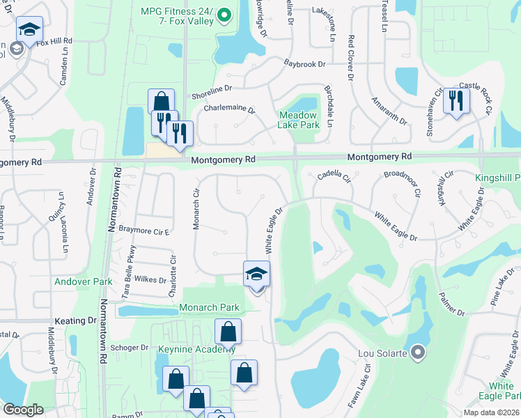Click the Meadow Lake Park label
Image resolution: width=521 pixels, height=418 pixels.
coord(299,120)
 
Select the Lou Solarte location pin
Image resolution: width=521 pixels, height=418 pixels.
coord(418,353)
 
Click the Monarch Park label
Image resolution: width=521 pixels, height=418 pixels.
coord(209,307)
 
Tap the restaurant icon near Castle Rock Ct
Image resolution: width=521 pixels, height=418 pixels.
coord(456,101)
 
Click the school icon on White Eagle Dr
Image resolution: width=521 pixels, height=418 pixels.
coord(256,274)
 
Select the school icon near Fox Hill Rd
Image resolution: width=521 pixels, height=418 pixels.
coord(29,30)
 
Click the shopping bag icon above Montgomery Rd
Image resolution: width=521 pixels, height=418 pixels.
coord(161,102)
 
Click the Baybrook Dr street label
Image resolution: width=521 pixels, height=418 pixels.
coord(304,64)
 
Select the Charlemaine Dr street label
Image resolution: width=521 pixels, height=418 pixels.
coord(229,109)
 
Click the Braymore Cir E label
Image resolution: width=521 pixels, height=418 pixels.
coord(144,229)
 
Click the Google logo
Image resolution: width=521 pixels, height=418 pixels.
coord(23,410)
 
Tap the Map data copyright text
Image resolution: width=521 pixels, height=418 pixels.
coord(491,412)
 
